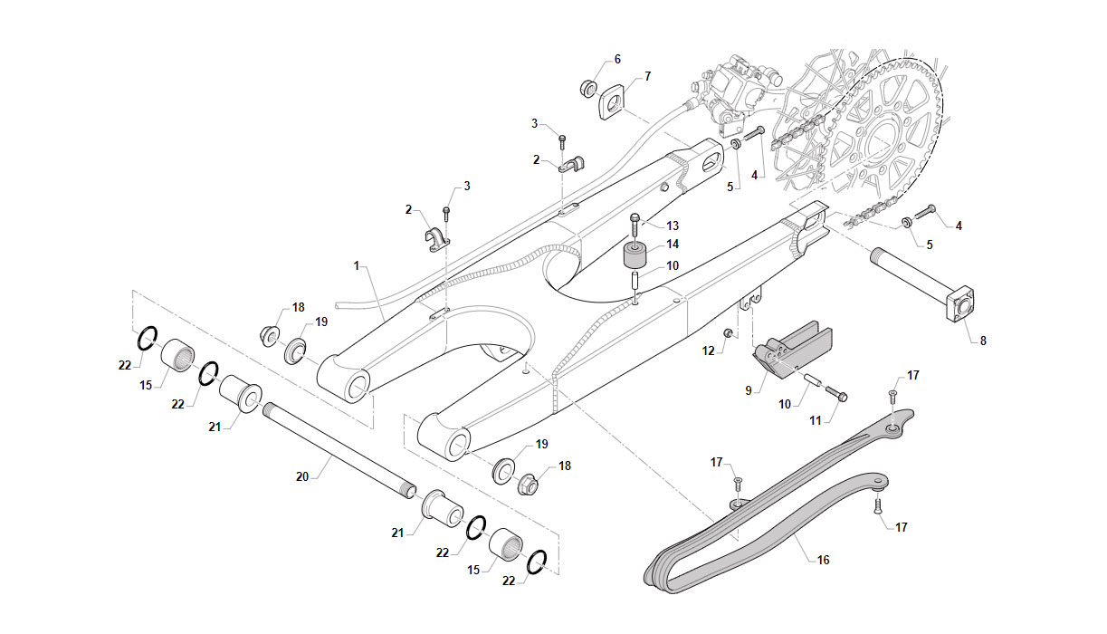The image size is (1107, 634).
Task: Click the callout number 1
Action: (357, 266)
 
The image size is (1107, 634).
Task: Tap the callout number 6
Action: (617, 60)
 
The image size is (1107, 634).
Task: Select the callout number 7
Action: (647, 77)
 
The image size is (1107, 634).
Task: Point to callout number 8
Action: (983, 341)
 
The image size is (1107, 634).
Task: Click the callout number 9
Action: (749, 390)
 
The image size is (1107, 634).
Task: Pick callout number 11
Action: (815, 421)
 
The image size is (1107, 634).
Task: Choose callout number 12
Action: (708, 351)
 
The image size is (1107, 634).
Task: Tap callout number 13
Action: (673, 226)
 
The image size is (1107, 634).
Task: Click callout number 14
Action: (673, 245)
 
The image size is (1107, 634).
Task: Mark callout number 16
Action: (823, 560)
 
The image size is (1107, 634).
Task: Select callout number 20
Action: (302, 476)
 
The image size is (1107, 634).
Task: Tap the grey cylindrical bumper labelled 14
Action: (637, 255)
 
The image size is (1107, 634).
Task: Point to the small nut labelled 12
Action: (728, 334)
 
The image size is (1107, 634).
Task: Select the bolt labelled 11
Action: (835, 395)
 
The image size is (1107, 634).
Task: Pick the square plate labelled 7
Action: (612, 101)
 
